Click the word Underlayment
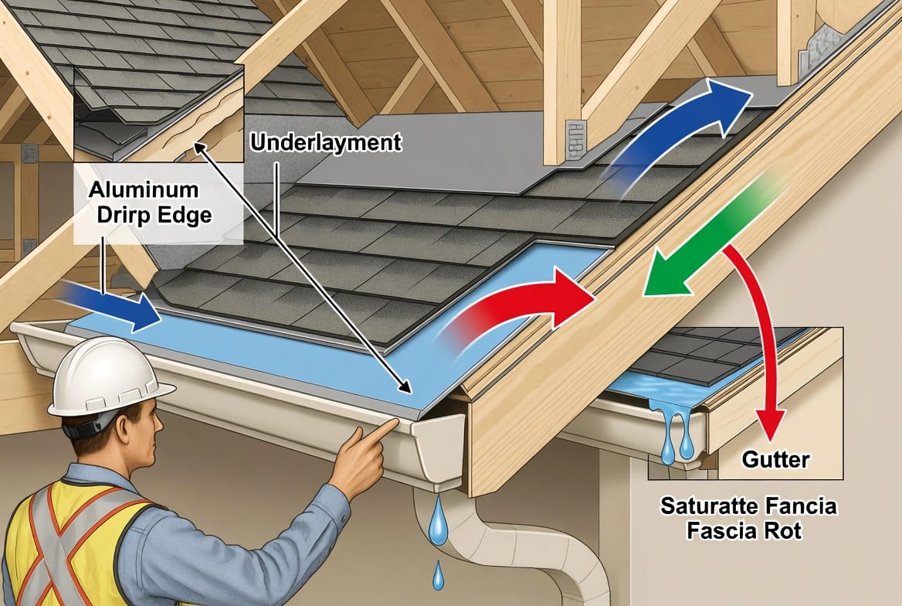click(326, 143)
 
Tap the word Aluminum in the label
click(144, 189)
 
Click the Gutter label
click(775, 460)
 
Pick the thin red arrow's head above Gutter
click(770, 424)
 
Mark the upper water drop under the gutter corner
click(438, 517)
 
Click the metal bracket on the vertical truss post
click(576, 139)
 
